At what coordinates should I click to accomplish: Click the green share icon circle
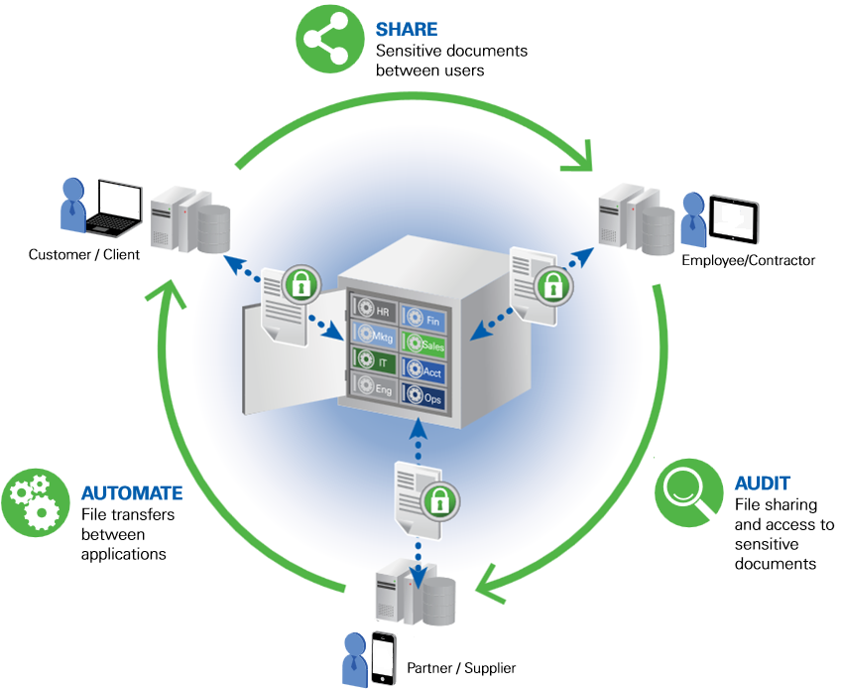[330, 41]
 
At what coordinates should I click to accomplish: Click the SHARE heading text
[405, 30]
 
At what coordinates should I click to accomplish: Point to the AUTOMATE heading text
[132, 492]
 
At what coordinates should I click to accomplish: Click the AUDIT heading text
[762, 484]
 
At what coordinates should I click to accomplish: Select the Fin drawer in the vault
[422, 320]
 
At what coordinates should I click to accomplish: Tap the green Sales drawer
[423, 345]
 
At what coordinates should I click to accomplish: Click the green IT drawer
[371, 363]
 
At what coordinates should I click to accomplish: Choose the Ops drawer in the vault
[423, 397]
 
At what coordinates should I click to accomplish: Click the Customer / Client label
[84, 255]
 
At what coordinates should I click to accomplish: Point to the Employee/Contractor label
[748, 260]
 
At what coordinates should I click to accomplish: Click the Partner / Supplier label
[461, 668]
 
